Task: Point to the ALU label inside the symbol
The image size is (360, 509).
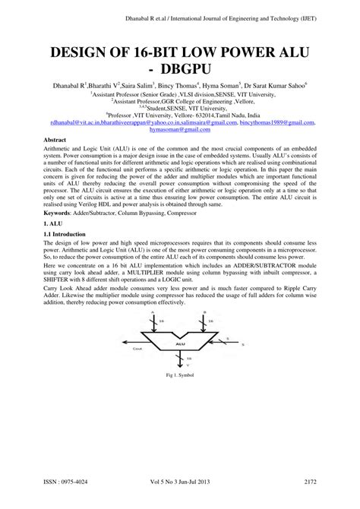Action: tap(180, 408)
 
